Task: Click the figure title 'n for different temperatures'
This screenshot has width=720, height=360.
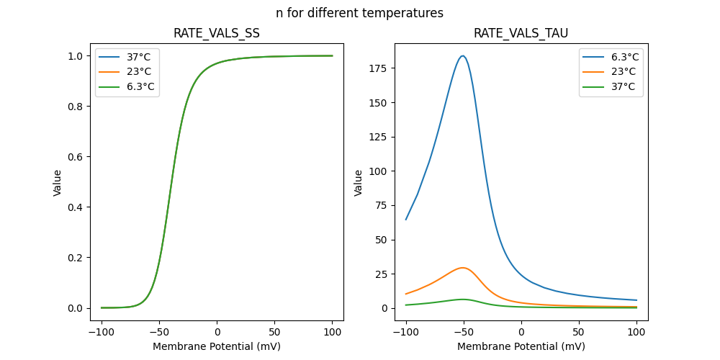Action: point(359,13)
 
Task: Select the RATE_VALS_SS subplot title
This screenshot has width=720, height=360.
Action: point(217,33)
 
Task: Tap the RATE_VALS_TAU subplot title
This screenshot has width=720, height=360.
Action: point(521,33)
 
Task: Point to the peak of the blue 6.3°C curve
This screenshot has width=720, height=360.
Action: point(463,56)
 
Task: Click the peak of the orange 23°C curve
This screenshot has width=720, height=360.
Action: point(463,268)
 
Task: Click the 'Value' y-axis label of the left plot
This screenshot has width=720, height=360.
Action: point(58,183)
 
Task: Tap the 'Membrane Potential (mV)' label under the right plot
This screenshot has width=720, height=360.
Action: point(521,346)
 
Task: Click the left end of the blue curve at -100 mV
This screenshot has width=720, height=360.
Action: point(406,220)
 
